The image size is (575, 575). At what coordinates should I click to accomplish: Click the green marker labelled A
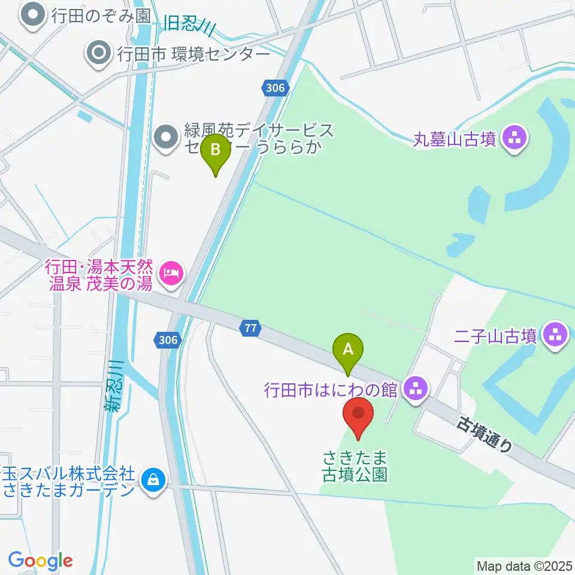pyautogui.click(x=348, y=349)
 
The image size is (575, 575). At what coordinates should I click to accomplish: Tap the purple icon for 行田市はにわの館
pyautogui.click(x=414, y=390)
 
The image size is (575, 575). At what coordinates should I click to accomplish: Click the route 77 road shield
pyautogui.click(x=251, y=327)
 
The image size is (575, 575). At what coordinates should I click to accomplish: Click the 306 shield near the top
pyautogui.click(x=274, y=89)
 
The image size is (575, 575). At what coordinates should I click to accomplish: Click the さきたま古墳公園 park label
pyautogui.click(x=355, y=467)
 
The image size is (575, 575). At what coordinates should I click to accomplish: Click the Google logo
pyautogui.click(x=40, y=561)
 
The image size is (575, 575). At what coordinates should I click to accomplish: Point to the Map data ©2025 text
pyautogui.click(x=525, y=565)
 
